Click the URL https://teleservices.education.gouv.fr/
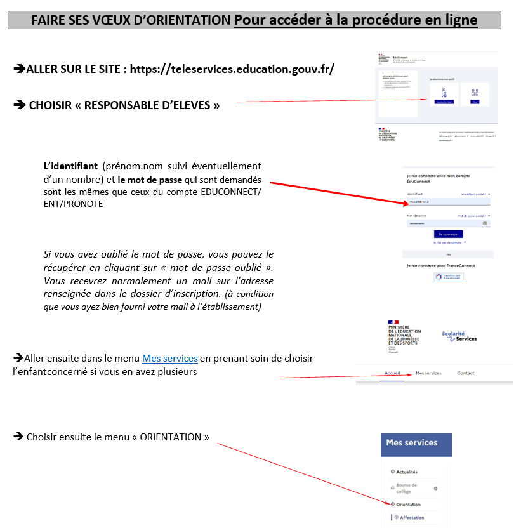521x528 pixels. [x=253, y=69]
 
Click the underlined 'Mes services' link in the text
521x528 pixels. [x=169, y=359]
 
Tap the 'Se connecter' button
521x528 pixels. [x=449, y=234]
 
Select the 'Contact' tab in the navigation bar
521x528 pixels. [x=465, y=373]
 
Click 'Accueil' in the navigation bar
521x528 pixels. [x=393, y=373]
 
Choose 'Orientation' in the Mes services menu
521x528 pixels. [x=408, y=505]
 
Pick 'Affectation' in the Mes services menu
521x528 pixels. [x=412, y=518]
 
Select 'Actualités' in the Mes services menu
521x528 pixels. [x=406, y=472]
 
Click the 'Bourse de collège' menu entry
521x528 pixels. [x=407, y=488]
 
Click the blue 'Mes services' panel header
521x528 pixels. [x=416, y=444]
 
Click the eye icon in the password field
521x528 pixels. [x=485, y=223]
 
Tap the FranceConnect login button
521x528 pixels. [x=449, y=277]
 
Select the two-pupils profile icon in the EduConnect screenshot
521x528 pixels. [x=475, y=93]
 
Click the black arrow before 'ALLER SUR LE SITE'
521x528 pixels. [x=20, y=69]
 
